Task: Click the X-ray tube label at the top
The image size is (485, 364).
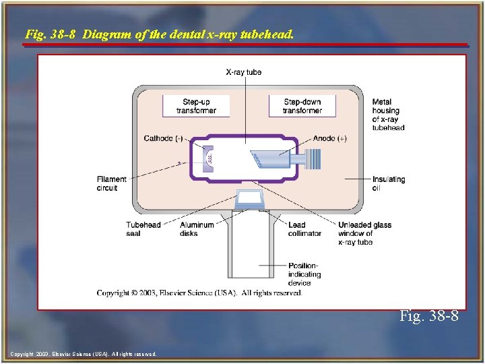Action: point(244,72)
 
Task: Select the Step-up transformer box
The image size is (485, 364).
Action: point(196,106)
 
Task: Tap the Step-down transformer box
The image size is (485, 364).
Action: point(302,106)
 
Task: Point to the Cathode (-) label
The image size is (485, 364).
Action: point(163,138)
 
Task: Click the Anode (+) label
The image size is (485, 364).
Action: point(330,138)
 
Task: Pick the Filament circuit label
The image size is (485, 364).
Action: point(111,183)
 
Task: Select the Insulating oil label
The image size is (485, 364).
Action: point(389,183)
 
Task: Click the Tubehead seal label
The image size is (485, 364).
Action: point(143,229)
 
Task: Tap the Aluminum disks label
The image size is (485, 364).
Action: point(197,229)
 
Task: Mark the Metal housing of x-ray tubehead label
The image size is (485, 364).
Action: point(388,115)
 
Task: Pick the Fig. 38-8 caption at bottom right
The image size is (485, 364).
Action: point(428,315)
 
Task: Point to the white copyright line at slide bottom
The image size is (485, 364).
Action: point(84,353)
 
